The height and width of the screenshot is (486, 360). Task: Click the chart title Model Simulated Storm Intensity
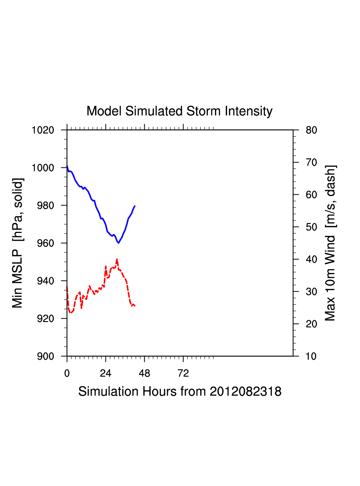[179, 111]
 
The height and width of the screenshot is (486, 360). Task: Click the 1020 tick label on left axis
[43, 130]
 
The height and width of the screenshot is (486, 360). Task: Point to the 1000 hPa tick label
[43, 168]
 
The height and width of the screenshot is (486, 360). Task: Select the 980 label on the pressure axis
[46, 205]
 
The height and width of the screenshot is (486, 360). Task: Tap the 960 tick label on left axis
[46, 243]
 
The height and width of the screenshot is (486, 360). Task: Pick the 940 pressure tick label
[46, 281]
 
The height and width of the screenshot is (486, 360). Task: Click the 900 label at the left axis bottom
[46, 356]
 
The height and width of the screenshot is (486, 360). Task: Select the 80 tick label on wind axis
[311, 130]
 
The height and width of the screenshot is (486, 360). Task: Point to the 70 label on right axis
[311, 163]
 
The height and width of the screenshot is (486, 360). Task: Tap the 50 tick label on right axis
[311, 227]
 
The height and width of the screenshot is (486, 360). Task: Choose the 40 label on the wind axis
[311, 259]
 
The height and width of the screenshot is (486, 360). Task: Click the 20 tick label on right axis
[311, 324]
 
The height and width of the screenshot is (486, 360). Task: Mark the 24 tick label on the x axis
[105, 373]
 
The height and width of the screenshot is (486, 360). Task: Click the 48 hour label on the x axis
[144, 373]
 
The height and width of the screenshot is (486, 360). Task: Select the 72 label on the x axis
[183, 373]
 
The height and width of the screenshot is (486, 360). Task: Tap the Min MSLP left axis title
[18, 243]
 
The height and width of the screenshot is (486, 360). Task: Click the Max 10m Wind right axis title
[330, 243]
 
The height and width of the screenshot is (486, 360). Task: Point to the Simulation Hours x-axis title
[180, 391]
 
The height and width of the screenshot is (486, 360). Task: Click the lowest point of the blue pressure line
[119, 243]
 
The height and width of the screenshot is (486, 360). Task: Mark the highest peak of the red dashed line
[117, 259]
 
